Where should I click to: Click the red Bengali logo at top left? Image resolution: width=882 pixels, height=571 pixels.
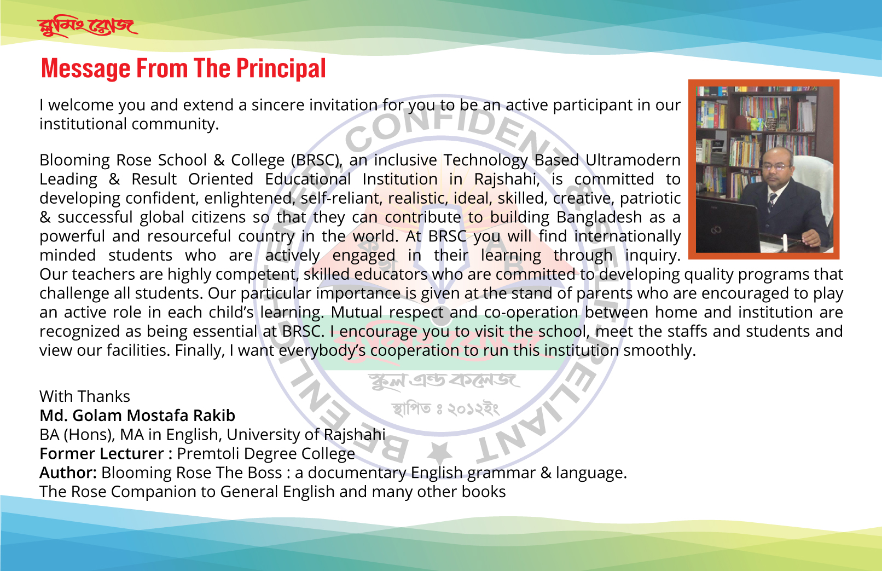pyautogui.click(x=87, y=27)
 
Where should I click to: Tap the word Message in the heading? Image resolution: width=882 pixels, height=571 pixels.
pyautogui.click(x=85, y=68)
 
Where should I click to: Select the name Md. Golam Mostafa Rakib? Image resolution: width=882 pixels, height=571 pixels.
pyautogui.click(x=137, y=416)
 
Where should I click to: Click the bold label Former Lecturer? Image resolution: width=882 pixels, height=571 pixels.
pyautogui.click(x=102, y=453)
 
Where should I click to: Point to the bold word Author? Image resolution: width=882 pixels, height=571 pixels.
pyautogui.click(x=68, y=472)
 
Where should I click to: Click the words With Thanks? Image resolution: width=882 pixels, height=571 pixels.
pyautogui.click(x=85, y=396)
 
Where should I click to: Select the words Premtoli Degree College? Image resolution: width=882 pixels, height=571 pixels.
pyautogui.click(x=266, y=454)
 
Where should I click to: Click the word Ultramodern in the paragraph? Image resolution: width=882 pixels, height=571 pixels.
pyautogui.click(x=633, y=160)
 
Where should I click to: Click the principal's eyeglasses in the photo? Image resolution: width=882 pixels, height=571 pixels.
pyautogui.click(x=776, y=166)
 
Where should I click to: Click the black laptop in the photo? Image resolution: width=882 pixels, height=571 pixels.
pyautogui.click(x=727, y=224)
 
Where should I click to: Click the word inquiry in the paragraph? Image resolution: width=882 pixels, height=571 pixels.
pyautogui.click(x=653, y=255)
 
